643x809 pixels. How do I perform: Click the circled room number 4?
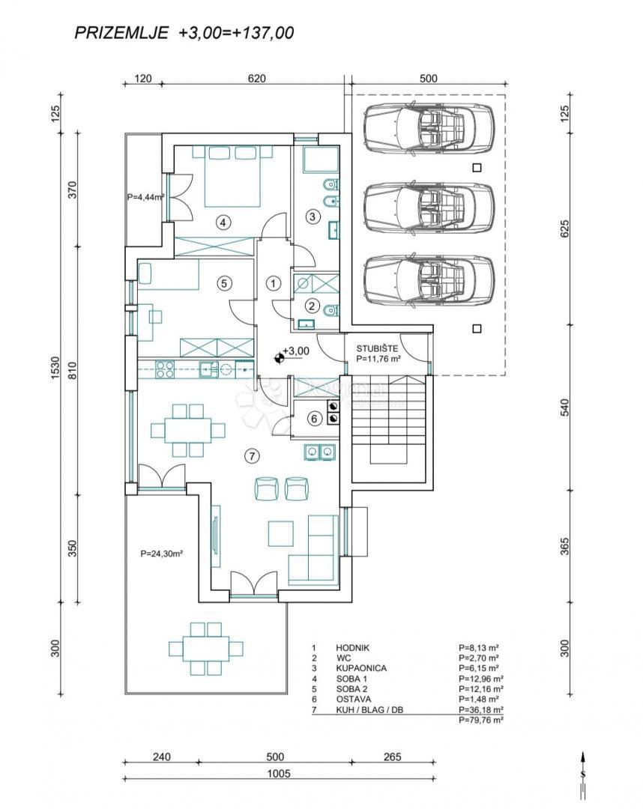click(223, 221)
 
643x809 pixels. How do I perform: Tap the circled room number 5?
click(223, 283)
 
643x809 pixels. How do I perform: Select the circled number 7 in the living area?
click(253, 455)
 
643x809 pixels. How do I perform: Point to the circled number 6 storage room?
click(315, 419)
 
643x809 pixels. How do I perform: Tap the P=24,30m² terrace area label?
click(162, 555)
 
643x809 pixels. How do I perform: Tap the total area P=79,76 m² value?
click(480, 719)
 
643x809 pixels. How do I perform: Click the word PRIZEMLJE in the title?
click(121, 32)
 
